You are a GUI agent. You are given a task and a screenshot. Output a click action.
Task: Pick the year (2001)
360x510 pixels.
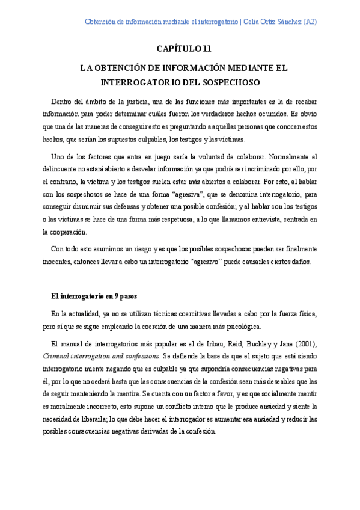[x=301, y=345]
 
